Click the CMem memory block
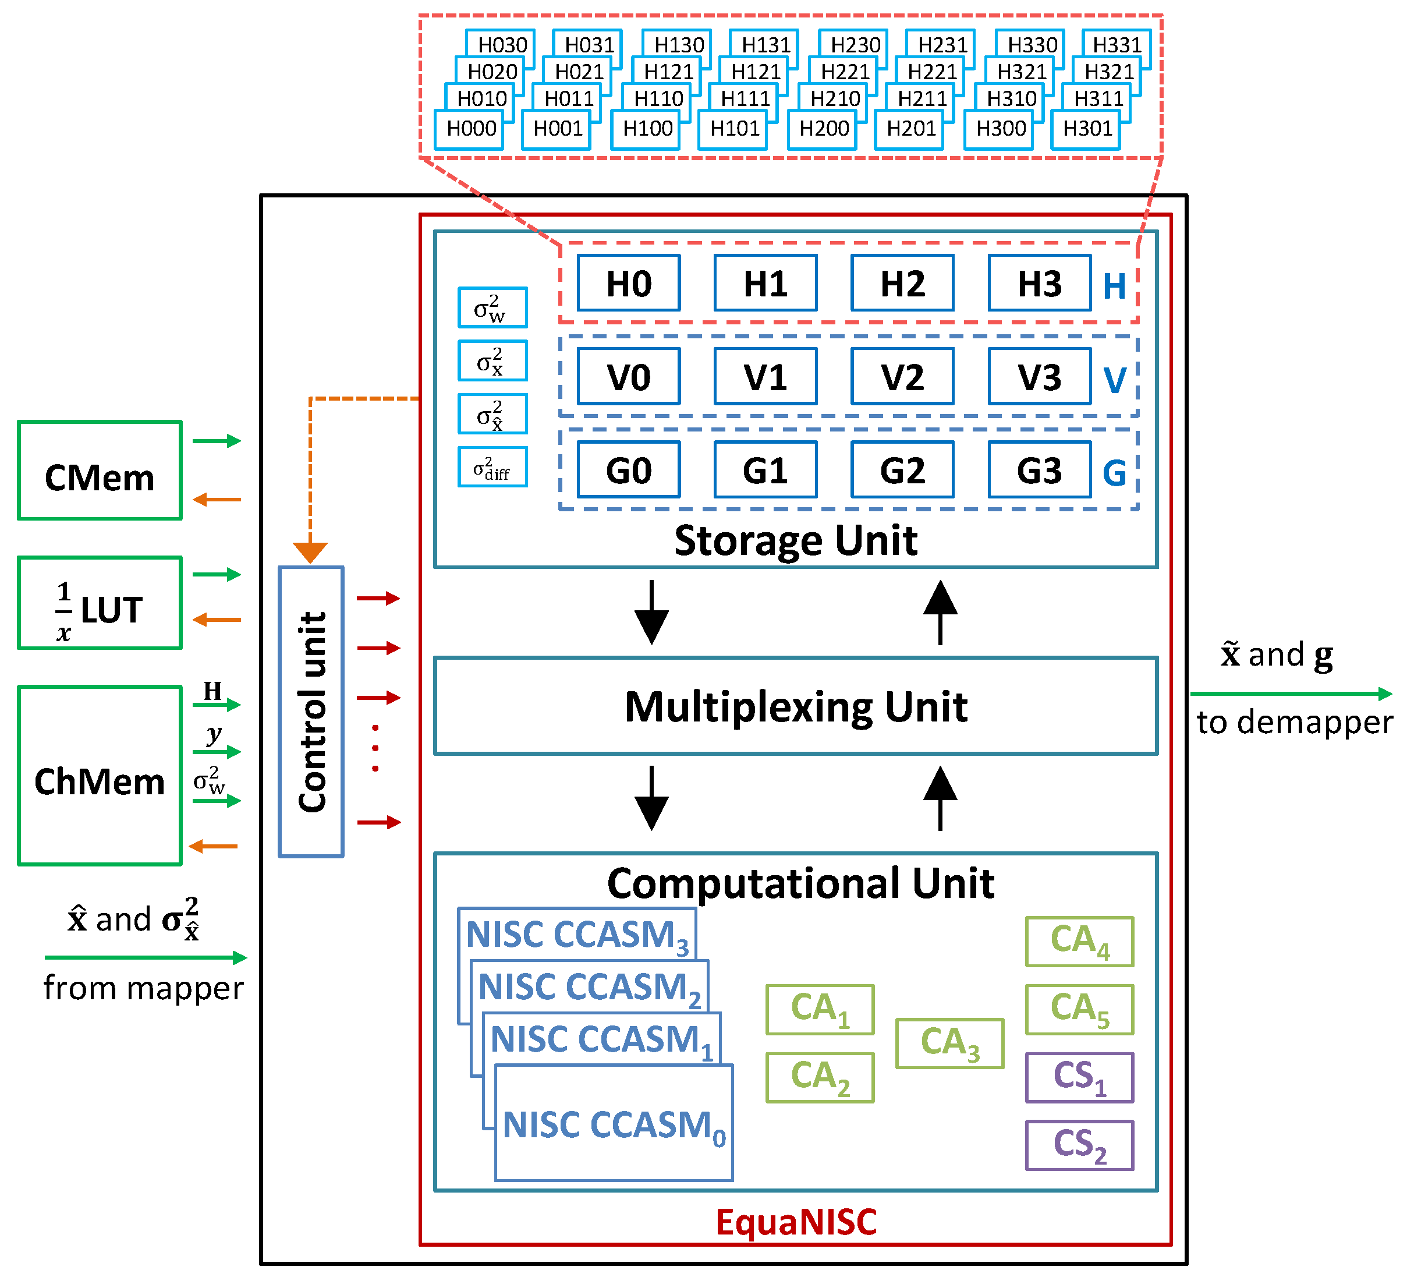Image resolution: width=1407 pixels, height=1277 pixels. [x=99, y=471]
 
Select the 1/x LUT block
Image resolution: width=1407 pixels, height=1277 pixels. [x=99, y=603]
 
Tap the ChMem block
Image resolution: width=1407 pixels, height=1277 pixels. [x=99, y=776]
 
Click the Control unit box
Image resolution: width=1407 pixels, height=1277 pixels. [x=311, y=712]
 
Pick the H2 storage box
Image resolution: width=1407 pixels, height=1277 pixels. [x=902, y=283]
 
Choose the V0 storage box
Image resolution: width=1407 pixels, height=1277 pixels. [x=628, y=376]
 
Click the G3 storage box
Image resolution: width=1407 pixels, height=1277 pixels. [x=1039, y=469]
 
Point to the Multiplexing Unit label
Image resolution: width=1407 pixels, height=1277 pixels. [x=796, y=706]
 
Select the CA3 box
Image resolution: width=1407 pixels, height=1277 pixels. [x=950, y=1043]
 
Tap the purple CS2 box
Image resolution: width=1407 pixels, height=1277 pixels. [x=1079, y=1145]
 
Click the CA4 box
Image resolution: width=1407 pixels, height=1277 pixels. [x=1079, y=941]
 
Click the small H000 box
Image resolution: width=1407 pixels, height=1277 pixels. [x=470, y=129]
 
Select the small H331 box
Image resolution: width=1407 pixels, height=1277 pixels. [x=1117, y=45]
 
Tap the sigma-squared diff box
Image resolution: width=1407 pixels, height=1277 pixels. [x=492, y=467]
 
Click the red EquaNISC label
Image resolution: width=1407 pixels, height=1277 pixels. [x=796, y=1222]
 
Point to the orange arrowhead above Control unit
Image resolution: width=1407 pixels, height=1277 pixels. [x=310, y=552]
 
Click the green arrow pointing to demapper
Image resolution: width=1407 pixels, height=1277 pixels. [x=1291, y=694]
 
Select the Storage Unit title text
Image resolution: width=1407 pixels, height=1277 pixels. [x=796, y=540]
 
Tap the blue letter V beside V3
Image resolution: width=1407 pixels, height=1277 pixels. [x=1115, y=380]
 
